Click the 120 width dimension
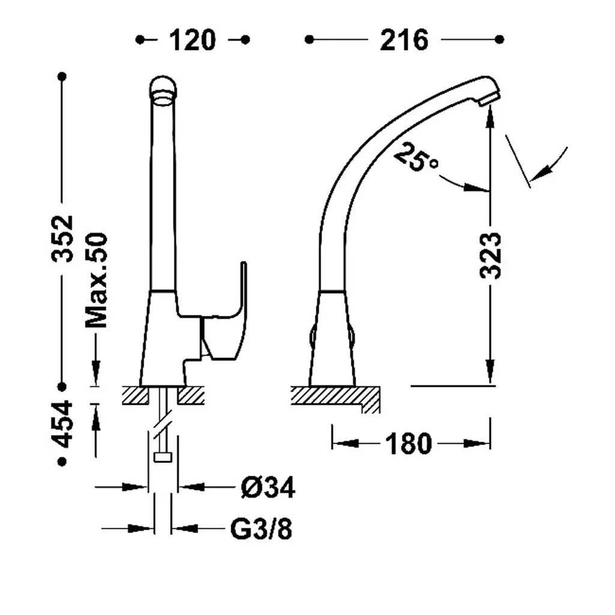coord(192,40)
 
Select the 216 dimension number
coord(404,40)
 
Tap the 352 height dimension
coord(62,238)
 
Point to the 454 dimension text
coord(62,424)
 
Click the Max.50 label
coord(97,280)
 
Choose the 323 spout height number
coord(490,256)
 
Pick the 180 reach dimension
coord(408,444)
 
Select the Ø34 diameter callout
coord(268,488)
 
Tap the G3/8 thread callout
coord(261,529)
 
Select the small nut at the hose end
coord(163,457)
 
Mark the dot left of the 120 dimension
coord(140,40)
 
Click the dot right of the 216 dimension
coord(499,40)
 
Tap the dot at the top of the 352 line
coord(62,76)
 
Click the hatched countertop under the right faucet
coord(335,396)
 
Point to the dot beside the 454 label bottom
coord(62,462)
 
